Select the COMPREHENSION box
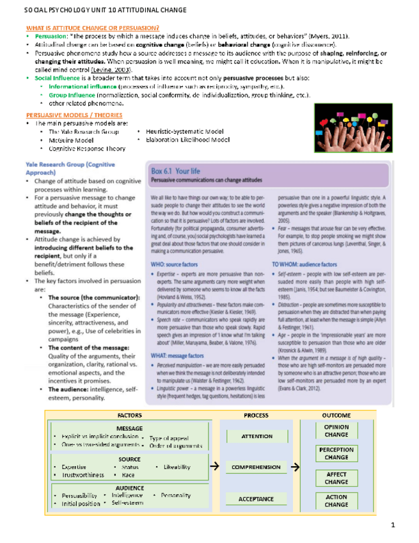pyautogui.click(x=256, y=467)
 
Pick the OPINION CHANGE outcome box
pyautogui.click(x=336, y=431)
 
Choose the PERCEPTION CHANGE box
pyautogui.click(x=336, y=454)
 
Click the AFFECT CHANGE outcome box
pyautogui.click(x=336, y=478)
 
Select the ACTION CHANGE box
pyautogui.click(x=336, y=501)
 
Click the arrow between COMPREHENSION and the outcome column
pyautogui.click(x=295, y=467)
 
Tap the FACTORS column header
pyautogui.click(x=130, y=415)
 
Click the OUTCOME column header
pyautogui.click(x=336, y=415)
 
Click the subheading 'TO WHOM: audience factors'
pyautogui.click(x=303, y=263)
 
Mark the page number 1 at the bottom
pyautogui.click(x=394, y=526)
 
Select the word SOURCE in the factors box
pyautogui.click(x=130, y=459)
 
